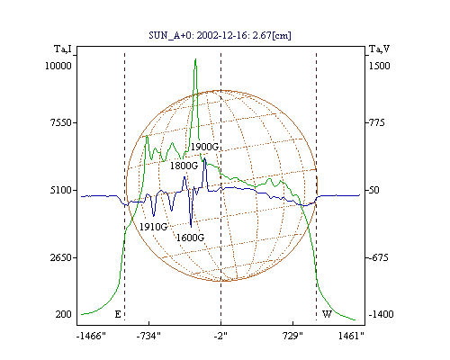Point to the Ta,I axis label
(x=63, y=49)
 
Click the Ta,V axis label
(x=379, y=49)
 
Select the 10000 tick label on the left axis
(x=58, y=66)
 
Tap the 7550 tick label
(x=61, y=122)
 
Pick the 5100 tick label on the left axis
(x=61, y=190)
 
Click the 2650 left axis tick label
(x=61, y=257)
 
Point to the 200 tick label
(x=63, y=314)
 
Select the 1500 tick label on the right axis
(x=379, y=66)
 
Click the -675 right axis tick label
(x=378, y=257)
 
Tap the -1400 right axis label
(x=381, y=314)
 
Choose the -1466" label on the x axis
(x=91, y=336)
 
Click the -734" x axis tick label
(x=148, y=336)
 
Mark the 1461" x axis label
(x=351, y=336)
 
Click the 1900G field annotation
(x=204, y=147)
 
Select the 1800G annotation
(x=184, y=166)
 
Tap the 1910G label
(x=153, y=227)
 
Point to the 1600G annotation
(x=190, y=238)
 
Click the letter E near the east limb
(x=118, y=314)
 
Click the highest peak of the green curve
(x=195, y=59)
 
